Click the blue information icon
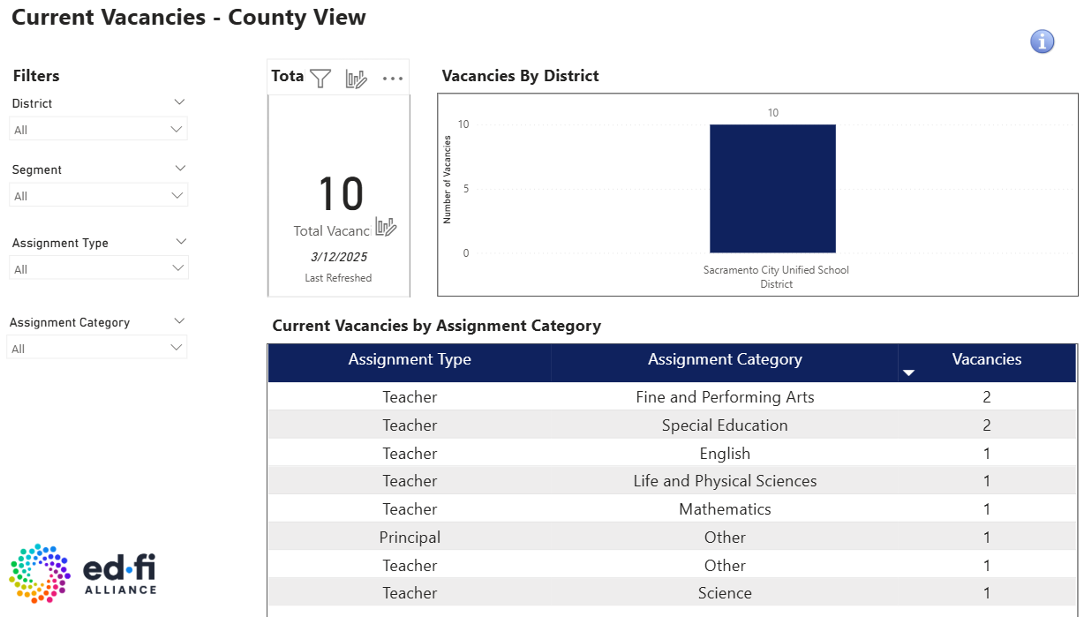pos(1043,41)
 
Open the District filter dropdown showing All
pos(98,130)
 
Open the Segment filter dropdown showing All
pos(98,195)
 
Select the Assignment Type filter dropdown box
pos(98,268)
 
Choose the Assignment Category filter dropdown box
pos(98,348)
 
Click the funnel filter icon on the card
pos(320,79)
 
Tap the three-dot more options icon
pos(393,79)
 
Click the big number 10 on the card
pos(340,194)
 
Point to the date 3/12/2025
pos(339,257)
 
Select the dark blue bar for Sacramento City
pos(772,188)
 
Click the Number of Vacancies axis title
pos(448,180)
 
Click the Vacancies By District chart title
pos(520,76)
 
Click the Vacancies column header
pos(986,359)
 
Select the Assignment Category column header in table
pos(725,359)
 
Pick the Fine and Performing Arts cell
pos(725,397)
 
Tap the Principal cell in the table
pos(410,538)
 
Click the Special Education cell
pos(725,425)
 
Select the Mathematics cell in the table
pos(725,509)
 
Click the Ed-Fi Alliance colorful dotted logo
pos(40,574)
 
